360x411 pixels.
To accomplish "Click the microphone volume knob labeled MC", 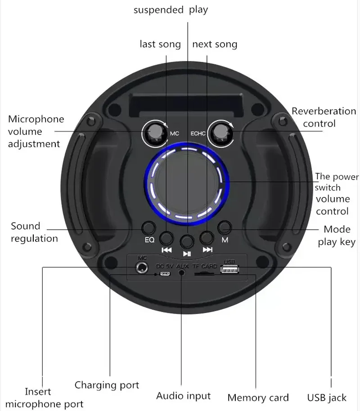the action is tap(155, 134).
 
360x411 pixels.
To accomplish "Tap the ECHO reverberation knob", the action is tap(221, 134).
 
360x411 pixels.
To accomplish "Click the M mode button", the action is tap(225, 227).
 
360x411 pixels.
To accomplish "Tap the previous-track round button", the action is tap(166, 238).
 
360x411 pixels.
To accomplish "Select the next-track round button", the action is tap(207, 238).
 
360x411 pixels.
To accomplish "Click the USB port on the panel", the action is tap(229, 269).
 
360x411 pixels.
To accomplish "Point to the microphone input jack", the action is tap(141, 268).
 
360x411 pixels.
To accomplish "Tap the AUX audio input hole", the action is tap(181, 273).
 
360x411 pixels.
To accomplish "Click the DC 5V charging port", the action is tap(165, 274).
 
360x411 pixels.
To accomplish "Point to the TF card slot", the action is tap(204, 274).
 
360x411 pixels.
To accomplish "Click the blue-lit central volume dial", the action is tap(187, 183).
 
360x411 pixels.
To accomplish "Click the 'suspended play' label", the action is tap(171, 10).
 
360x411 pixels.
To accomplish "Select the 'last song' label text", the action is tap(160, 44).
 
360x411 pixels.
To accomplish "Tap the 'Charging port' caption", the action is tap(107, 385).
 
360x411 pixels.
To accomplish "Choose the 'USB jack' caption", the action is tap(327, 397).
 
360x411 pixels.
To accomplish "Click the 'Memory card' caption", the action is tap(258, 397).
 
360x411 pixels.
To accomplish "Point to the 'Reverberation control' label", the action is tap(324, 117).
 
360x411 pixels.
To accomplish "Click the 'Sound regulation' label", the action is tap(34, 232).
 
